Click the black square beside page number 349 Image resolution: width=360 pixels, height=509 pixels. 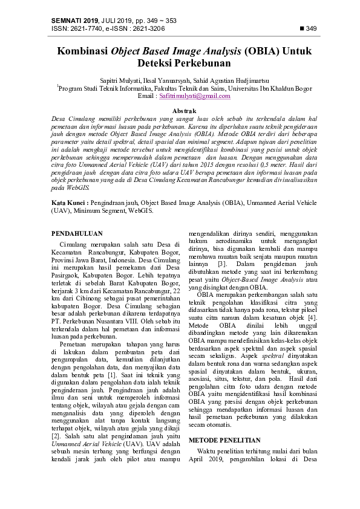[303, 28]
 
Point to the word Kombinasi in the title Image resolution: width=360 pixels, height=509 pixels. [83, 52]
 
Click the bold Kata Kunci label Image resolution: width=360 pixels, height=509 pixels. [69, 203]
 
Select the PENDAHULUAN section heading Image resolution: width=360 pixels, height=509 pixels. [76, 233]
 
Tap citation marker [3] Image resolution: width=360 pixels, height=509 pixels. [221, 264]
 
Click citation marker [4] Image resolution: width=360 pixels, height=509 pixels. [312, 319]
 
